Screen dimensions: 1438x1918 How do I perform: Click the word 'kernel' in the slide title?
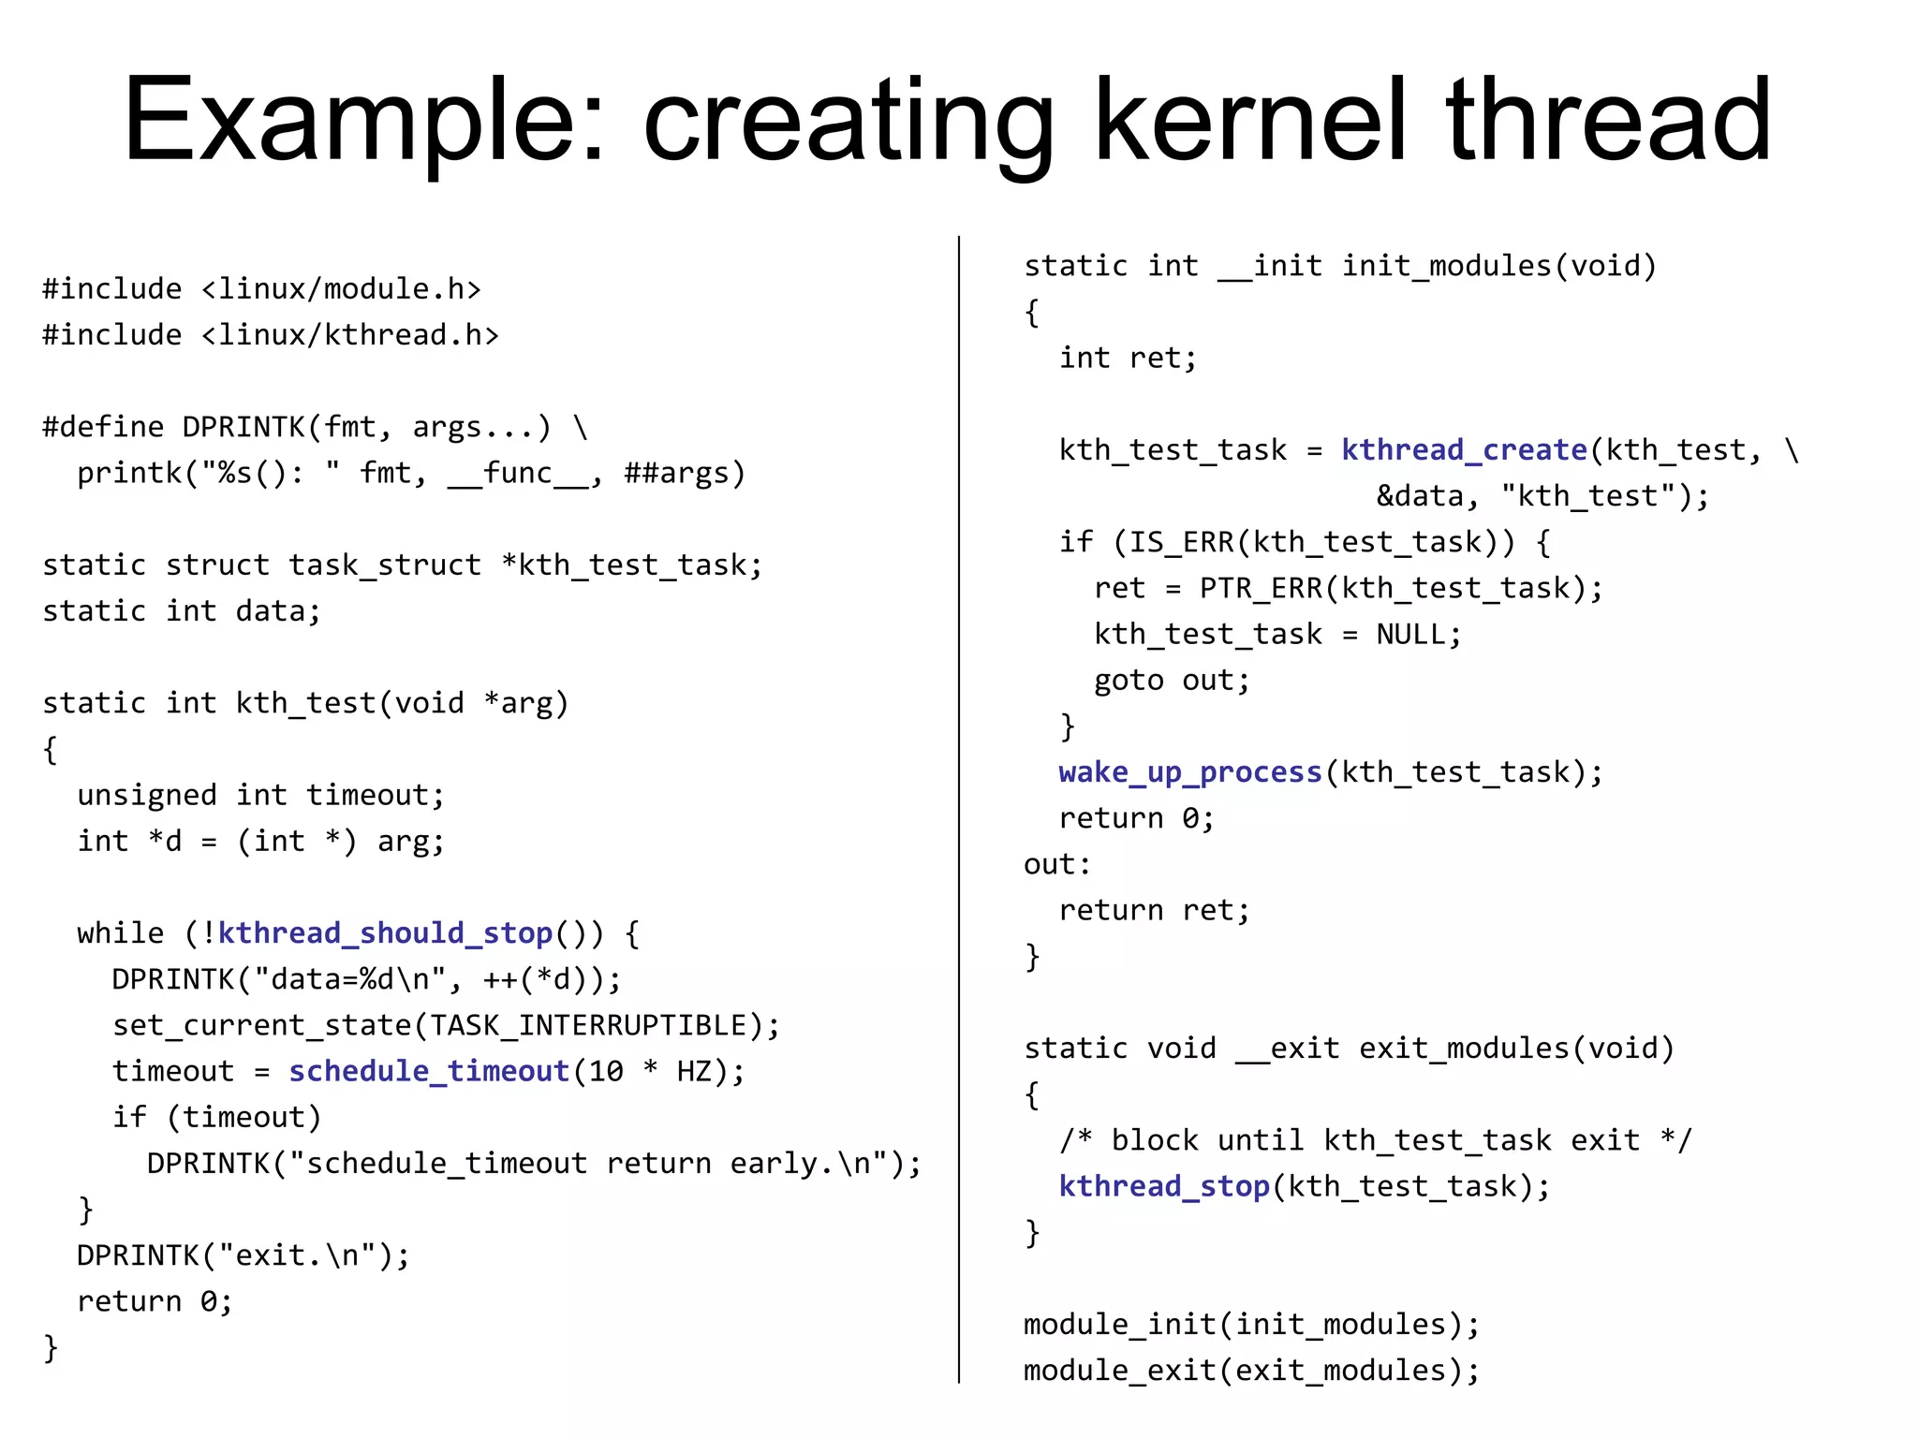point(1250,122)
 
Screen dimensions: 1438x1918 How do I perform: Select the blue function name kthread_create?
point(1464,450)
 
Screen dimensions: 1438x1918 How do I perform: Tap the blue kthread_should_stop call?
point(385,933)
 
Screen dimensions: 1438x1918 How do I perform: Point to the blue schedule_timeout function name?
point(429,1071)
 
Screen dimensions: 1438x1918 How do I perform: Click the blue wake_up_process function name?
point(1189,772)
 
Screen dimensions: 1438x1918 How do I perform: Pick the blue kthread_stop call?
point(1164,1186)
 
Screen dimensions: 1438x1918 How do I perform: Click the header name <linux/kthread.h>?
point(350,335)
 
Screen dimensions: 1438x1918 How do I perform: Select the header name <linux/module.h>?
point(341,289)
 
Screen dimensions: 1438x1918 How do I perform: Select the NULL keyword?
point(1410,635)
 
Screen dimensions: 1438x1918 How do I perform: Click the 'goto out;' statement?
point(1172,681)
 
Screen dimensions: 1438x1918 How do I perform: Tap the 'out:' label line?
point(1057,864)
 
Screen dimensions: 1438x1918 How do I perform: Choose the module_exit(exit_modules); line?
point(1251,1371)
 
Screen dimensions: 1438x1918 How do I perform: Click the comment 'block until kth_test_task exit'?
point(1375,1140)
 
